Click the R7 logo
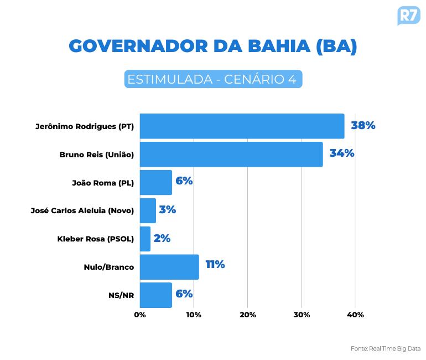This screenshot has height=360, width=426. point(408,15)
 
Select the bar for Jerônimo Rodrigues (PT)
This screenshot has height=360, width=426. point(242,126)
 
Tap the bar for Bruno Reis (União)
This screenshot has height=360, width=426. point(231,154)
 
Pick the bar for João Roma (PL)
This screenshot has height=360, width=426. point(156,182)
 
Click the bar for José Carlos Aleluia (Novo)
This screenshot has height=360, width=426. point(148,210)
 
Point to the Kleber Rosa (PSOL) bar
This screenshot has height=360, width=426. point(145,239)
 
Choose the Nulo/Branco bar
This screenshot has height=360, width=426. point(169,267)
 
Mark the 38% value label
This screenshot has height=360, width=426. point(363,125)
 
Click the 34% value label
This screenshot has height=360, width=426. point(341,153)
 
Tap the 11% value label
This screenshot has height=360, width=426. point(215,265)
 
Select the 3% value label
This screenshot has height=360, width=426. point(167,210)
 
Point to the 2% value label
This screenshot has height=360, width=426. point(162,238)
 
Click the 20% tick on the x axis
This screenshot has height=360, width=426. point(248,315)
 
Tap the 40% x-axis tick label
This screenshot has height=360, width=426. point(355,315)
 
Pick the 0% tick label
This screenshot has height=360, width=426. point(140,315)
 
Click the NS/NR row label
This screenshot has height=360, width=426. point(121,295)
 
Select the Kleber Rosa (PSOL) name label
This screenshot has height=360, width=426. point(96,239)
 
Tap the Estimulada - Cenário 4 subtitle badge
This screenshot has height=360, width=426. point(213,79)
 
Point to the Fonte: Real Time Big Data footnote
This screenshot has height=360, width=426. point(385,348)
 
